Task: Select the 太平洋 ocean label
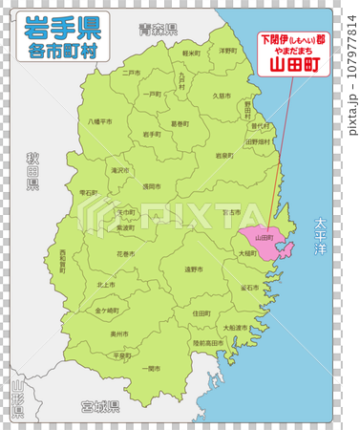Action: click(322, 236)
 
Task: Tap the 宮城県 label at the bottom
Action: click(100, 406)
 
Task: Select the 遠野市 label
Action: click(194, 269)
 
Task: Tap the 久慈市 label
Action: click(221, 96)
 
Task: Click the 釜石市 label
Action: click(249, 287)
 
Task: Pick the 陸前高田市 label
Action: click(208, 340)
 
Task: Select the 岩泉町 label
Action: click(224, 155)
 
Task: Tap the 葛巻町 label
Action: click(180, 123)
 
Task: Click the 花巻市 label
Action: click(126, 254)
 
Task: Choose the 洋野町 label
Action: click(227, 50)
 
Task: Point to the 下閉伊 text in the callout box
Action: click(273, 40)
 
